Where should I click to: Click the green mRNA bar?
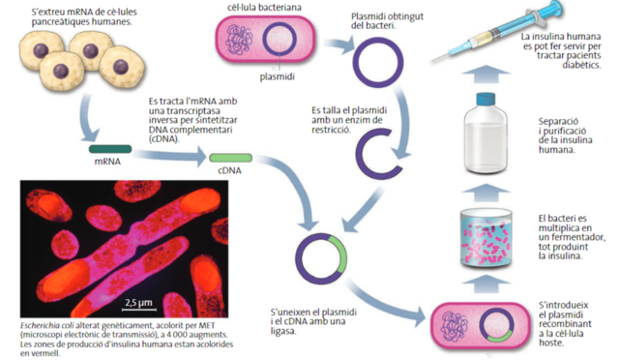[x=113, y=149]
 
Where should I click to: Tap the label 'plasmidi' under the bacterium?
[x=277, y=75]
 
